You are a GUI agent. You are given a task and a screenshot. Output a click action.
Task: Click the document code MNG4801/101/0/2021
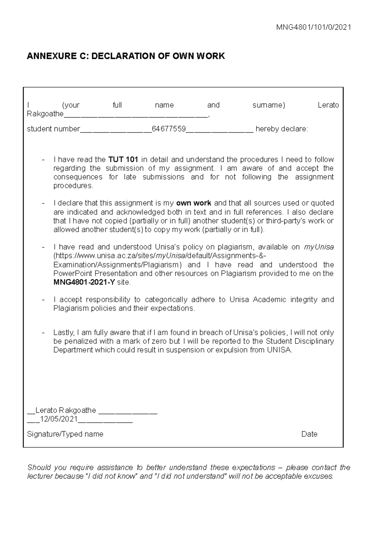[313, 27]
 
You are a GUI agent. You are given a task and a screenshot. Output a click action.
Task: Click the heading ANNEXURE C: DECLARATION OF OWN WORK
[126, 56]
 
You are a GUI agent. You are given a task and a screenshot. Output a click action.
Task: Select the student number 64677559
[169, 129]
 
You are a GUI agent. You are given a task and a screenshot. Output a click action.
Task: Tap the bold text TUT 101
[123, 159]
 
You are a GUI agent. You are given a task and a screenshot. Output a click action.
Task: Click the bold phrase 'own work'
[193, 203]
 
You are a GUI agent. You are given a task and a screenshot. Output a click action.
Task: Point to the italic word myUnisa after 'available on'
[318, 247]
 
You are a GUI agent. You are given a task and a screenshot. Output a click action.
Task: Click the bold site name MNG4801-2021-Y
[84, 282]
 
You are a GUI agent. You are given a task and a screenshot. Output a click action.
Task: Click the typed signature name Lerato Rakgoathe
[66, 410]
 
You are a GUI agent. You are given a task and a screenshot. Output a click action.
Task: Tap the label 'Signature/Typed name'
[65, 434]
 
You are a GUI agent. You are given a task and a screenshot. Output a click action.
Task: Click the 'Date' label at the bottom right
[309, 434]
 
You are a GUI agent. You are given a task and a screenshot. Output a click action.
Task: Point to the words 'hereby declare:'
[282, 129]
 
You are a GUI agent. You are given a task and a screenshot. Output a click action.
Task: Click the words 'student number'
[53, 129]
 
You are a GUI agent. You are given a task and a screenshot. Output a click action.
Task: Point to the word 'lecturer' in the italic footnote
[40, 476]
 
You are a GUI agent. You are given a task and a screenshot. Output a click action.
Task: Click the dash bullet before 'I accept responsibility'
[43, 300]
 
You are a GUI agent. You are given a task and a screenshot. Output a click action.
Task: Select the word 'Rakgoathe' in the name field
[45, 114]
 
